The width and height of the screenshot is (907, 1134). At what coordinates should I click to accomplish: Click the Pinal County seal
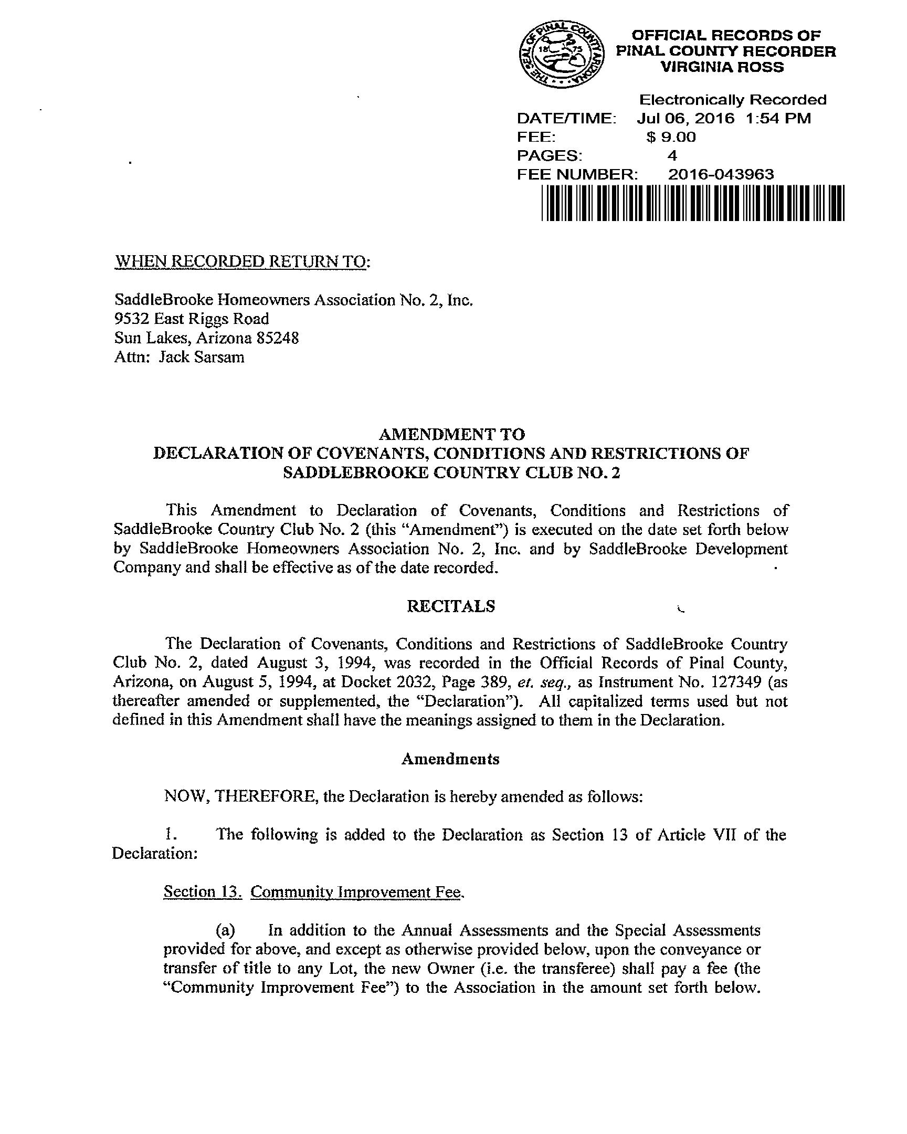coord(561,56)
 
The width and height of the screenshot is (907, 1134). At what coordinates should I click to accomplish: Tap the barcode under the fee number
coord(692,203)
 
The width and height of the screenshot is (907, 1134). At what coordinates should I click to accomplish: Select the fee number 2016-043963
coord(721,174)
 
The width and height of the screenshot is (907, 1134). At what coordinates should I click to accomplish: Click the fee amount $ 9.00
coord(671,137)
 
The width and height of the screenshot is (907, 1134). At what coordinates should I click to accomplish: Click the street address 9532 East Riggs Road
coord(192,319)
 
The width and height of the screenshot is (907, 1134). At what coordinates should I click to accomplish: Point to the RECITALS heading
coord(450,606)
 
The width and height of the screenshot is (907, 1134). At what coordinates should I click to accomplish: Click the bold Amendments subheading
coord(450,759)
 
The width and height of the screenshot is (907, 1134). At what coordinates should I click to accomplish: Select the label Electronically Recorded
coord(732,100)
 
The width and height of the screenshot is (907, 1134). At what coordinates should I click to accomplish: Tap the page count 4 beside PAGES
coord(672,156)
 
